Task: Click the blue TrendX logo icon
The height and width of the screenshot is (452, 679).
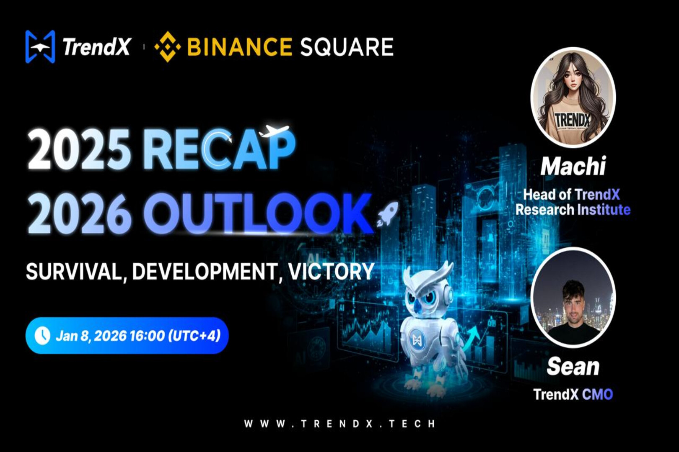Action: point(40,46)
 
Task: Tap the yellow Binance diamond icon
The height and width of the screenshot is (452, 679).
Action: point(168,46)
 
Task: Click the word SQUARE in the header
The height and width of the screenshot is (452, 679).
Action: point(347,46)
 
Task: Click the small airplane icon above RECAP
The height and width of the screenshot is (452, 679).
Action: point(274,131)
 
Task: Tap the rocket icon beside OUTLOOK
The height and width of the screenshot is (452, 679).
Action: point(387,213)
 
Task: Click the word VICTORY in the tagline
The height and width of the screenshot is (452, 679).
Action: point(331,272)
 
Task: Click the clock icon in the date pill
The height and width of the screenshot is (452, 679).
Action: point(42,336)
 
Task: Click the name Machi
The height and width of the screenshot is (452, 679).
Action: point(573,166)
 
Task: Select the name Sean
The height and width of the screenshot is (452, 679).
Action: point(573,367)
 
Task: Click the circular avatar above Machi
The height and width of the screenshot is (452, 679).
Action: point(573,98)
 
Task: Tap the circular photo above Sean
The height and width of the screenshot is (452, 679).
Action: point(573,297)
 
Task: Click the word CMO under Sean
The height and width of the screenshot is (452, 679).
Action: point(597,394)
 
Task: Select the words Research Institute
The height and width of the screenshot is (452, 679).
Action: point(573,210)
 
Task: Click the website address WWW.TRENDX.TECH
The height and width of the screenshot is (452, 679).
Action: point(340,424)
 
